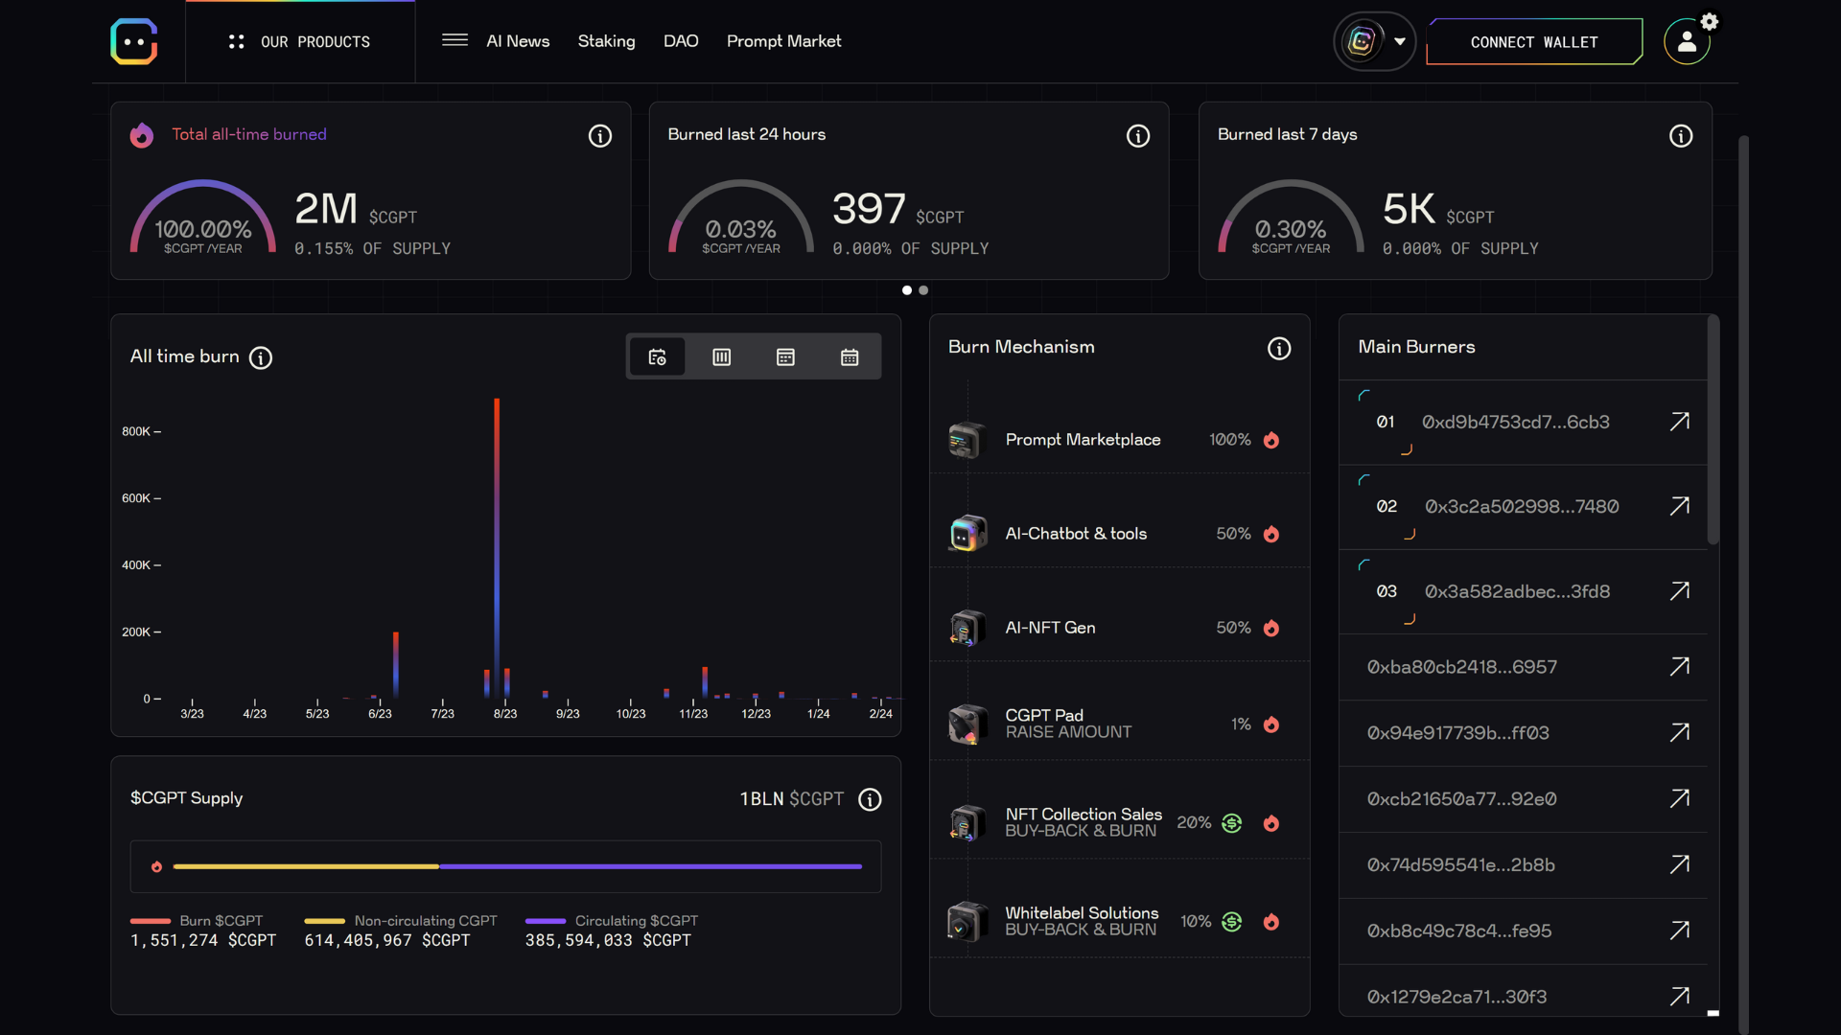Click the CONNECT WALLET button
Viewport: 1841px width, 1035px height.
click(1533, 42)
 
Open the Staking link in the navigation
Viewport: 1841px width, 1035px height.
click(606, 41)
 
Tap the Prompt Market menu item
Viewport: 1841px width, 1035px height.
click(783, 41)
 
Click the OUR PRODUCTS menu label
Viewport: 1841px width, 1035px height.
click(315, 42)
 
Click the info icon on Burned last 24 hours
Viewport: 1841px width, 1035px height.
click(1137, 136)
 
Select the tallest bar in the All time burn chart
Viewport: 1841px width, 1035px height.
click(497, 546)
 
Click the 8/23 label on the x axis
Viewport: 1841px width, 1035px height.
click(505, 714)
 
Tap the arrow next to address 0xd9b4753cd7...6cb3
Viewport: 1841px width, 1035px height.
click(1679, 422)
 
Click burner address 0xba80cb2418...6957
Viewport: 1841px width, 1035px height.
click(1461, 667)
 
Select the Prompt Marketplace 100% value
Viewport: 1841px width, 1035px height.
click(1229, 440)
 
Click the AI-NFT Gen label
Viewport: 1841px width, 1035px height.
click(1050, 628)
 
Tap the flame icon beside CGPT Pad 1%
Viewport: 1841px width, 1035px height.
click(1271, 724)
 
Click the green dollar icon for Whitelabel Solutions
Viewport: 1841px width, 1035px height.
click(1232, 922)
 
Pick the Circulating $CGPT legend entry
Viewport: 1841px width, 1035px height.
click(636, 921)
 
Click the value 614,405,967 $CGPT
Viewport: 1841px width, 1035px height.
click(387, 941)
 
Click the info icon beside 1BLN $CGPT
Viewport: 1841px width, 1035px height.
click(870, 799)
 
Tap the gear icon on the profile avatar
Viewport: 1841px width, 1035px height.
click(1710, 22)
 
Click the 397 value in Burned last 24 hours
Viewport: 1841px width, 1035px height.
click(869, 209)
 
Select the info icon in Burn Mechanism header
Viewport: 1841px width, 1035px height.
click(1279, 348)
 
